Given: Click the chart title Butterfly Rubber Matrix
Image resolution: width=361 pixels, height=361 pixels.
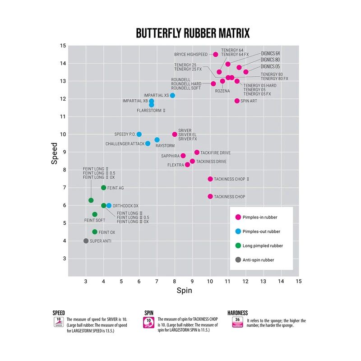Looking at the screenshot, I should (x=193, y=33).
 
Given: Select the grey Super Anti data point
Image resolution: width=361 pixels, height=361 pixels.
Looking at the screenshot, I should (x=86, y=241).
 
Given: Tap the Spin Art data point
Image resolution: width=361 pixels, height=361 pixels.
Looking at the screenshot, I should (x=237, y=101).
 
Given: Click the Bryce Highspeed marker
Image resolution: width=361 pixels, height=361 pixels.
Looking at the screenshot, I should (x=216, y=55).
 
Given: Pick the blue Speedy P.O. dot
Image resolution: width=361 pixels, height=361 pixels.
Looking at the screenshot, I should (x=139, y=134).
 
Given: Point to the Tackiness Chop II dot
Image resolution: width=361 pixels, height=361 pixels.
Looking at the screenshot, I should (x=210, y=179).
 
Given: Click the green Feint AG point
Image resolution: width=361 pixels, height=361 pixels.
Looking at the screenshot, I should (x=104, y=188).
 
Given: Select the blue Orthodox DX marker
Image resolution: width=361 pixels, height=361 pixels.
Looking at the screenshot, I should (x=109, y=205).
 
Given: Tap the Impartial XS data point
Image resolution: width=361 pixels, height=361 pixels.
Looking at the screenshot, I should (x=172, y=96).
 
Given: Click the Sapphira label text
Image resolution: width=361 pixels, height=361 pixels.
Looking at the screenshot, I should (x=171, y=156).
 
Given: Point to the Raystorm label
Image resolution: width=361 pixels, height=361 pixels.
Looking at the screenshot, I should (x=165, y=146).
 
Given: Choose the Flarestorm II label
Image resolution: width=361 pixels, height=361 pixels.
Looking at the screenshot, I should (x=151, y=110).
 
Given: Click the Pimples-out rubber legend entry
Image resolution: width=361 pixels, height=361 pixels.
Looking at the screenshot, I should (x=261, y=231).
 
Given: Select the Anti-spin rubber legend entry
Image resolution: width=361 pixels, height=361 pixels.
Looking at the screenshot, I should (x=258, y=260).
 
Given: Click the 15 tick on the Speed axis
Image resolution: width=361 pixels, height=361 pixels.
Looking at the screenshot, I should (x=63, y=46).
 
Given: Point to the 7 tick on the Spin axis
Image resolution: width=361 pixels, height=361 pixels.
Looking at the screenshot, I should (x=157, y=281).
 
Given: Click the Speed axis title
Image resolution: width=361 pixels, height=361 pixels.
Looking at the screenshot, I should (x=55, y=153).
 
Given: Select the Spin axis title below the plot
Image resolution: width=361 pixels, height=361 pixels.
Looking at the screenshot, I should (x=184, y=291).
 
